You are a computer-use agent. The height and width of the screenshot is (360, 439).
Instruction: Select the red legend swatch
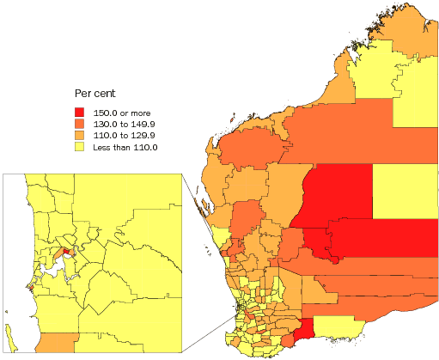(x=79, y=112)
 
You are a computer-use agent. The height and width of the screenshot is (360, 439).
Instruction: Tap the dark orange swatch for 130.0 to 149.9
(x=79, y=124)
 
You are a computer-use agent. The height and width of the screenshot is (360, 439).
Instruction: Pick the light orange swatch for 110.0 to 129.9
(x=79, y=136)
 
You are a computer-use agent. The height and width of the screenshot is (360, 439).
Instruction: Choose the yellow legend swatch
(x=79, y=148)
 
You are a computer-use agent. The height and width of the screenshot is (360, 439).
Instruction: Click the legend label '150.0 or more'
(x=119, y=112)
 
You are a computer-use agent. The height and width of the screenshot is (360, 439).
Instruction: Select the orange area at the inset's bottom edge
(x=56, y=343)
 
